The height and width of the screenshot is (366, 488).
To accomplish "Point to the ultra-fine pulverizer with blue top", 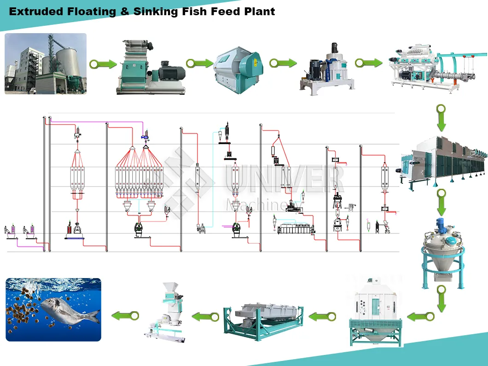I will pyautogui.click(x=328, y=70).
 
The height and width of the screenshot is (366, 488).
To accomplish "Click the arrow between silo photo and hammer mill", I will pyautogui.click(x=103, y=64).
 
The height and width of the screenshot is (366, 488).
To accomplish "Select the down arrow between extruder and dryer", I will pyautogui.click(x=441, y=118).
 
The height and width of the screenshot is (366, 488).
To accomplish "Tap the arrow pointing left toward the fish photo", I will pyautogui.click(x=125, y=316).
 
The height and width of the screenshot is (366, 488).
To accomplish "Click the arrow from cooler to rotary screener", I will pyautogui.click(x=322, y=316).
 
